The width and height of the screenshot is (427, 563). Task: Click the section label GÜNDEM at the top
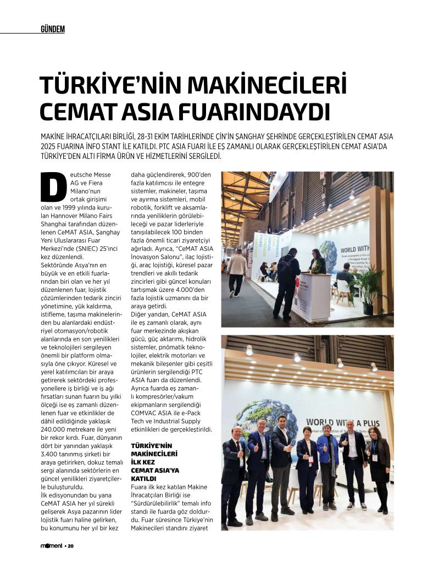tap(52, 29)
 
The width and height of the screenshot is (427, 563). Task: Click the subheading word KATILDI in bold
tap(143, 478)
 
